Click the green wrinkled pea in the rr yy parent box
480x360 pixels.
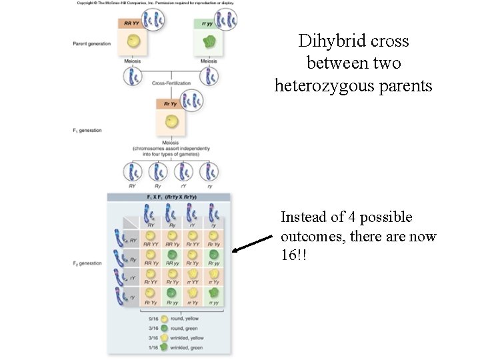(211, 44)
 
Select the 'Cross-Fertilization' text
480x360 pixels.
(171, 83)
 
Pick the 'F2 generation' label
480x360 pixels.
(87, 263)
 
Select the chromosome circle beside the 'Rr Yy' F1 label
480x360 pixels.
(193, 101)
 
